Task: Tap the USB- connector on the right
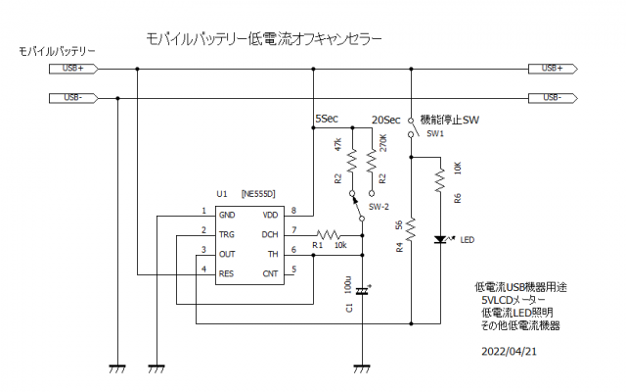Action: (x=551, y=98)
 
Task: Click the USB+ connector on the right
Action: (x=551, y=69)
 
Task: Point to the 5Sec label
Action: (x=326, y=120)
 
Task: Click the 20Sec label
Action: (x=385, y=120)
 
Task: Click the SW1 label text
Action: (x=435, y=133)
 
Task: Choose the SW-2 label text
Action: (x=380, y=208)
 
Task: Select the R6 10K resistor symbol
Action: (x=440, y=178)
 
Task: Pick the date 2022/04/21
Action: (x=509, y=349)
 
